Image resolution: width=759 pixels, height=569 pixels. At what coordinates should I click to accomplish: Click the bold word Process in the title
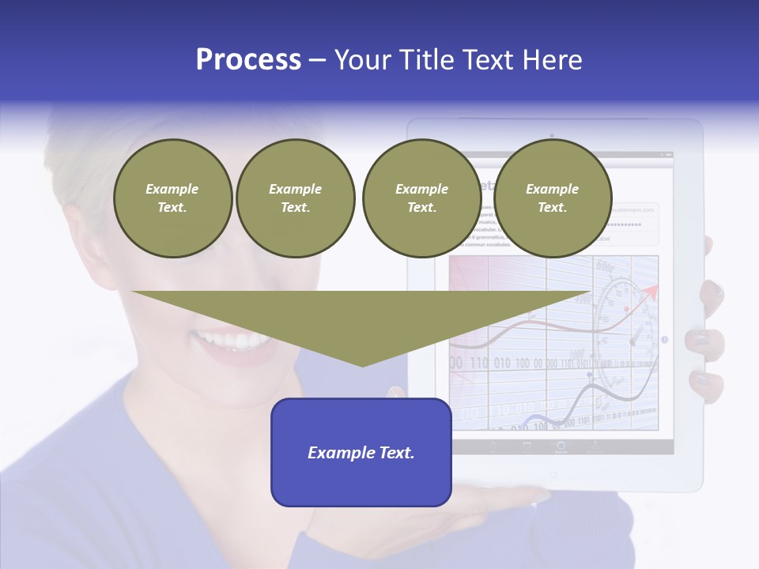click(248, 60)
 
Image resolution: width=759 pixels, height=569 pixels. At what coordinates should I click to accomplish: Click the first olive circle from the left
click(172, 198)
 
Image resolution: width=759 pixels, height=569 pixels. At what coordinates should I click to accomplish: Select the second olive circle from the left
click(295, 198)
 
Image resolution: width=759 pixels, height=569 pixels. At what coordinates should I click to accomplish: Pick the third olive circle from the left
click(421, 198)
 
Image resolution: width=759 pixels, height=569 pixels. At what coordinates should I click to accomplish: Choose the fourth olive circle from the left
click(552, 198)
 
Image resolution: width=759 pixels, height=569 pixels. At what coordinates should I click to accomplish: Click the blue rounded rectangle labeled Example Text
click(361, 452)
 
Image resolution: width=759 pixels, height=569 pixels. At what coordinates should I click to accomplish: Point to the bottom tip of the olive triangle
click(362, 364)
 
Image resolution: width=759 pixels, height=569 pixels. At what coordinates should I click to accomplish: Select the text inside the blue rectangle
click(361, 453)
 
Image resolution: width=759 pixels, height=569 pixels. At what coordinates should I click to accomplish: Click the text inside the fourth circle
click(552, 198)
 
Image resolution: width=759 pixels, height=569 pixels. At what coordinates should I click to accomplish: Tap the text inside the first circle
click(172, 198)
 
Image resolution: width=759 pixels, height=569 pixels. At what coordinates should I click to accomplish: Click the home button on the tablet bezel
click(553, 474)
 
